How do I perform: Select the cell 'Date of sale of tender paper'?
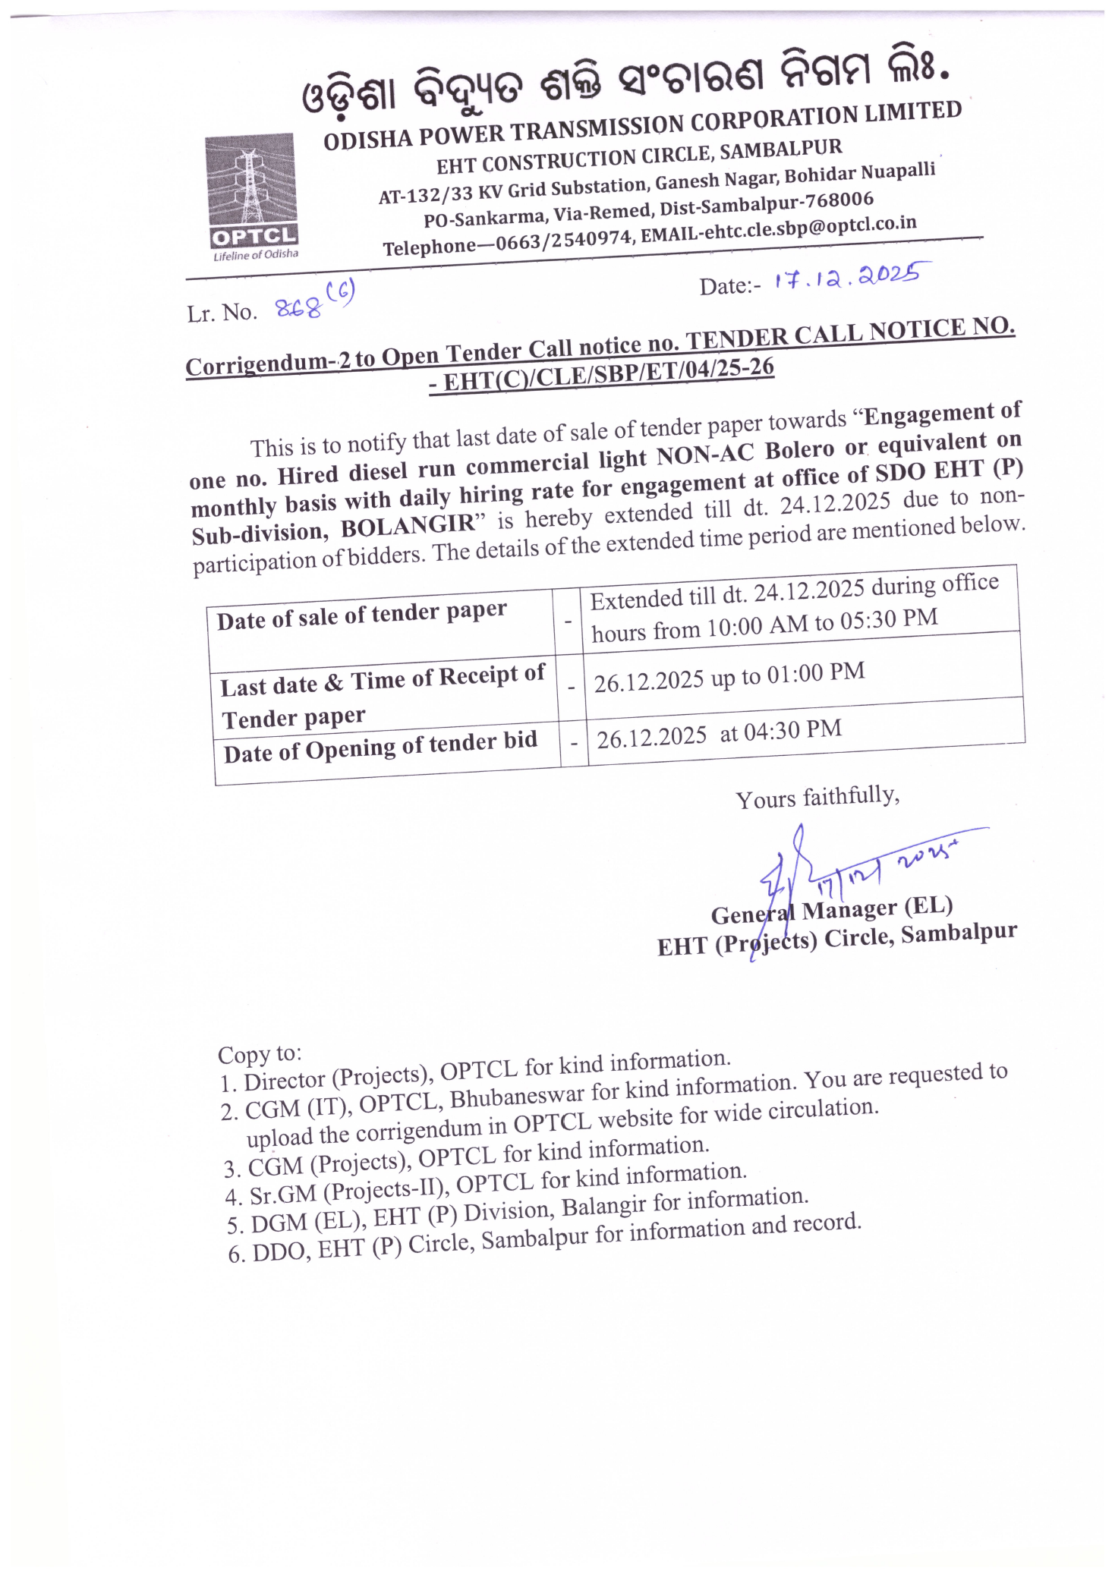361,615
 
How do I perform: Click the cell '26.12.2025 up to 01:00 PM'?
729,676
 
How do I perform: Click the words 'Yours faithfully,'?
817,797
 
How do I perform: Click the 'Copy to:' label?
260,1054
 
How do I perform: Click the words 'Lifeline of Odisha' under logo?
256,255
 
